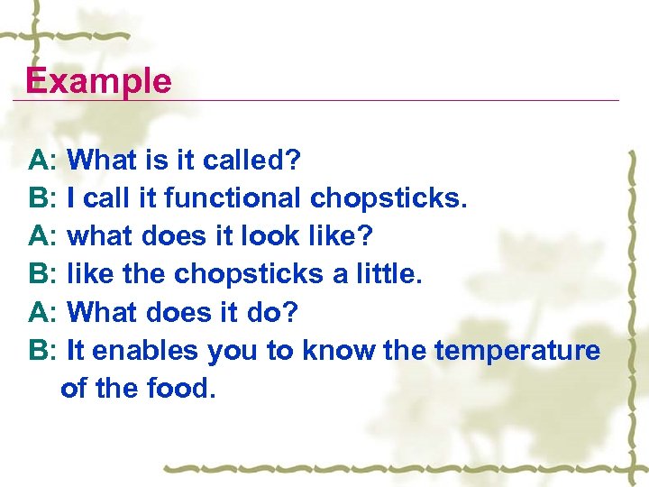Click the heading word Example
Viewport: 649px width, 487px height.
coord(98,81)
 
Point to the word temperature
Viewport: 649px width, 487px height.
coord(516,350)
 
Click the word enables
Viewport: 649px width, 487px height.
coord(147,350)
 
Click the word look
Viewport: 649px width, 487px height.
coord(270,236)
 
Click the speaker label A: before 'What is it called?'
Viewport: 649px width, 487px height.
coord(43,161)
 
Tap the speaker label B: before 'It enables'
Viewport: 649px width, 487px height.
coord(43,350)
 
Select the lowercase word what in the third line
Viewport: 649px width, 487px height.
coord(98,236)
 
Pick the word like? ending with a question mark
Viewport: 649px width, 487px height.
coord(341,236)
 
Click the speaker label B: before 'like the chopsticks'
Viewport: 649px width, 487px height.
coord(43,274)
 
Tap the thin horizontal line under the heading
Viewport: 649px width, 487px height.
coord(361,100)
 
